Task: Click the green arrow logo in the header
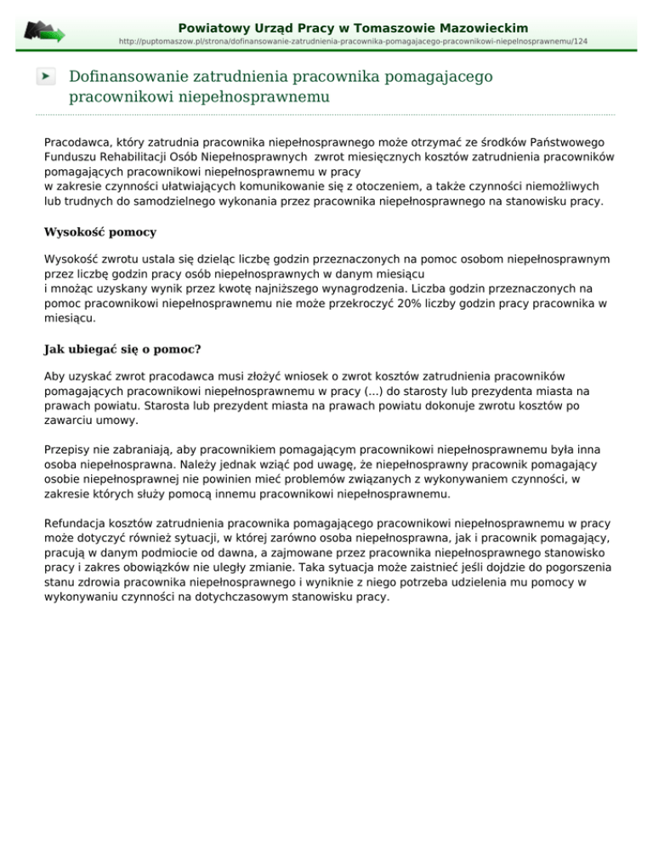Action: tap(44, 31)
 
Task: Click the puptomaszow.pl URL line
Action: tap(353, 42)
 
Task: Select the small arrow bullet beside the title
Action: tap(46, 77)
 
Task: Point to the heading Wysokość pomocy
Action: tap(100, 232)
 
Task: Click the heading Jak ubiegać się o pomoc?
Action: tap(122, 348)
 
